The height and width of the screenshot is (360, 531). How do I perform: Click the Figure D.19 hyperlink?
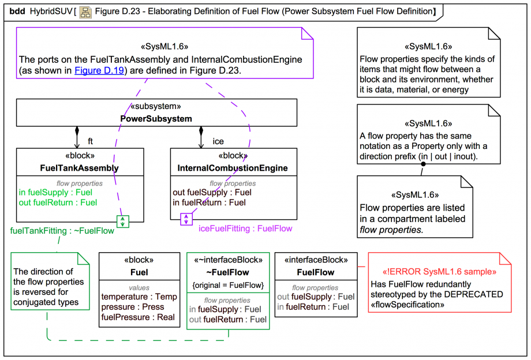click(95, 70)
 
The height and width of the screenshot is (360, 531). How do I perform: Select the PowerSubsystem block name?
click(156, 119)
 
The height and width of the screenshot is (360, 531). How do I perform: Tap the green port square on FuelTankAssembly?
click(123, 221)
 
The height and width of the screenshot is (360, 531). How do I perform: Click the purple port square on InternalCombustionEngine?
click(186, 219)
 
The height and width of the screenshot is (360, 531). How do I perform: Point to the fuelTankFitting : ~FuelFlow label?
click(62, 231)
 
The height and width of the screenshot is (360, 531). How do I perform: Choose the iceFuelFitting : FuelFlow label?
click(245, 228)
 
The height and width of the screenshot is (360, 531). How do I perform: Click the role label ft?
click(90, 141)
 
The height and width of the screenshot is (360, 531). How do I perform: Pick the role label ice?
click(218, 141)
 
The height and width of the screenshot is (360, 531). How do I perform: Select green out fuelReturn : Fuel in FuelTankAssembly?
click(58, 202)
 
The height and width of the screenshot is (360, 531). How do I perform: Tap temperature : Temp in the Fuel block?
click(139, 297)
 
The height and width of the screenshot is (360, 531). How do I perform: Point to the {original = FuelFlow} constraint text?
click(227, 284)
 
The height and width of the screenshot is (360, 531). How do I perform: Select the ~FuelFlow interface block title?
click(228, 272)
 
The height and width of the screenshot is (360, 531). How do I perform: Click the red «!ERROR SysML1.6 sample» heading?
click(439, 272)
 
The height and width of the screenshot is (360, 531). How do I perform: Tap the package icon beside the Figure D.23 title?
click(85, 12)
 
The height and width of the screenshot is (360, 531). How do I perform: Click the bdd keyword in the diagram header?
click(17, 12)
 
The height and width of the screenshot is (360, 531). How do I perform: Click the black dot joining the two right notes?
click(422, 164)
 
